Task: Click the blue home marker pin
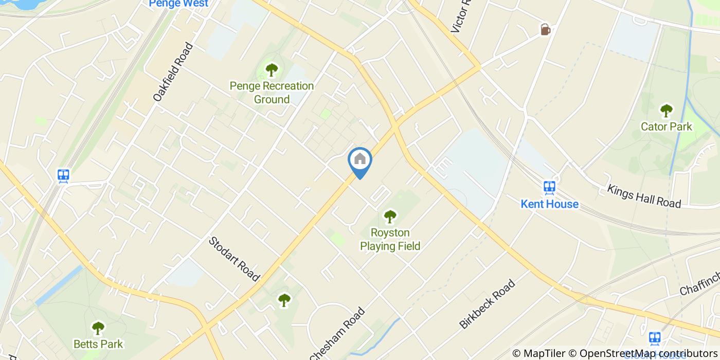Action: click(360, 160)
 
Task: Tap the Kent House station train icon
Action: click(549, 187)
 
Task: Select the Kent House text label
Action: click(549, 204)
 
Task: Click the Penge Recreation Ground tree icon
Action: click(272, 69)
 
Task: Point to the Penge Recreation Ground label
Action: click(272, 93)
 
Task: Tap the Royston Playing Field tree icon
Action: click(390, 217)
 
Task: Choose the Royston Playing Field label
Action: click(390, 240)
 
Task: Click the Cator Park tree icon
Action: click(667, 110)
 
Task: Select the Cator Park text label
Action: click(667, 127)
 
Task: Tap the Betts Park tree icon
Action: click(98, 328)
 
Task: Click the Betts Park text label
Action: click(98, 344)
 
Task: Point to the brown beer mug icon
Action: click(545, 30)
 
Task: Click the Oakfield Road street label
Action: click(173, 71)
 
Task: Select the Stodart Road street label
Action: click(234, 259)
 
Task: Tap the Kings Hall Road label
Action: click(644, 196)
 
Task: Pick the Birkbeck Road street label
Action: click(487, 304)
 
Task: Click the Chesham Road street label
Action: click(337, 333)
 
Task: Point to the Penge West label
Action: click(178, 4)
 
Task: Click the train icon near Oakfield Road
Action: click(64, 175)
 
